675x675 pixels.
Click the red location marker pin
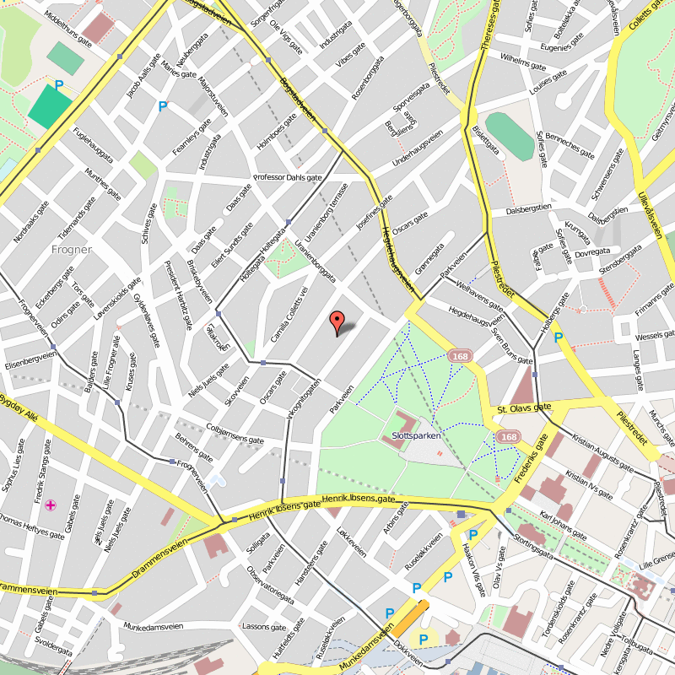pyautogui.click(x=337, y=321)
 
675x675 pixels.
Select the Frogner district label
pyautogui.click(x=71, y=249)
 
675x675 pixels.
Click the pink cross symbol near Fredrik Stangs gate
pyautogui.click(x=51, y=505)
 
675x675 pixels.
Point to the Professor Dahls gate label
pyautogui.click(x=289, y=178)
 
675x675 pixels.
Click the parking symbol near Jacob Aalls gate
pyautogui.click(x=163, y=106)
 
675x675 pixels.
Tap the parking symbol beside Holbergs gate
pyautogui.click(x=558, y=337)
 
